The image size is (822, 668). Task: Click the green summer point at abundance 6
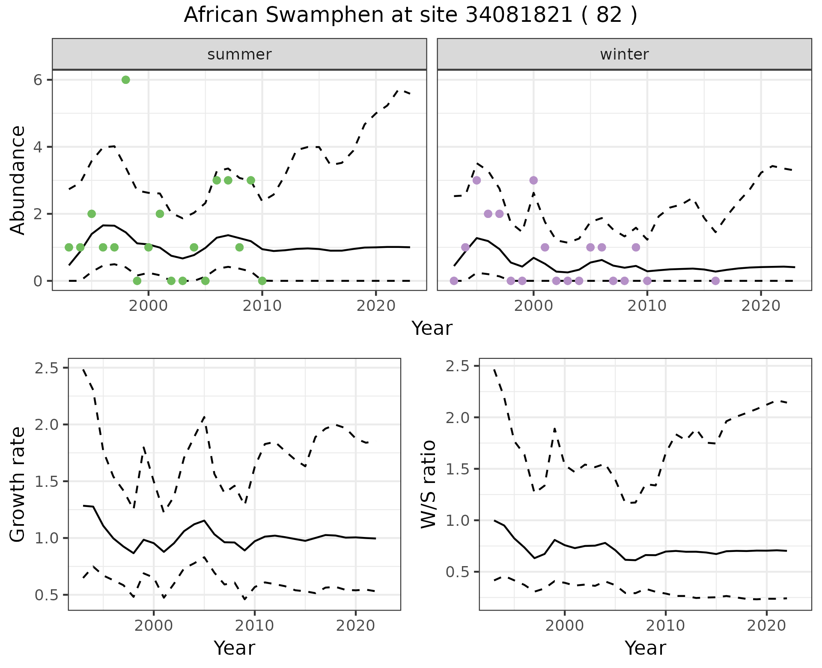tap(125, 80)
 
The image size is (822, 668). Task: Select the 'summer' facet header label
tap(239, 54)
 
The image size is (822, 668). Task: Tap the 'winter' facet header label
tap(624, 54)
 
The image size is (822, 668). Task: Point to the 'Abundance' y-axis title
tap(18, 180)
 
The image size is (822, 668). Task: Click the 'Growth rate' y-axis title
tap(18, 484)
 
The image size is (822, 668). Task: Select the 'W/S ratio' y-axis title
tap(429, 484)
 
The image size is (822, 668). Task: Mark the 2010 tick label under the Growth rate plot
tap(255, 626)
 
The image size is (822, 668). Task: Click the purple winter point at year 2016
tap(715, 281)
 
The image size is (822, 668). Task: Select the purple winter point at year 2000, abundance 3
tap(533, 180)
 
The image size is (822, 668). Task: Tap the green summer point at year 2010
tap(262, 281)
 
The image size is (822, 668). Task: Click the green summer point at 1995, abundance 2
tap(92, 214)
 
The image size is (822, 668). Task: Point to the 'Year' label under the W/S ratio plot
tap(645, 648)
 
